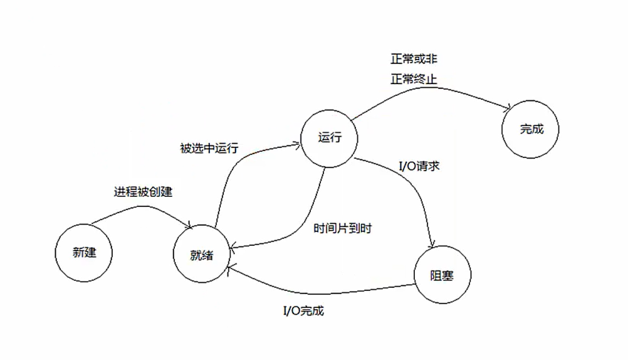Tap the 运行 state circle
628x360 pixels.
330,138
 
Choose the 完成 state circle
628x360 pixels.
531,130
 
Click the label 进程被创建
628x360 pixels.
143,192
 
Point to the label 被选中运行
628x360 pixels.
209,148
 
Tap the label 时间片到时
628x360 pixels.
342,228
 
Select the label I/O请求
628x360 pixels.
419,167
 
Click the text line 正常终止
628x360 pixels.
414,80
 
